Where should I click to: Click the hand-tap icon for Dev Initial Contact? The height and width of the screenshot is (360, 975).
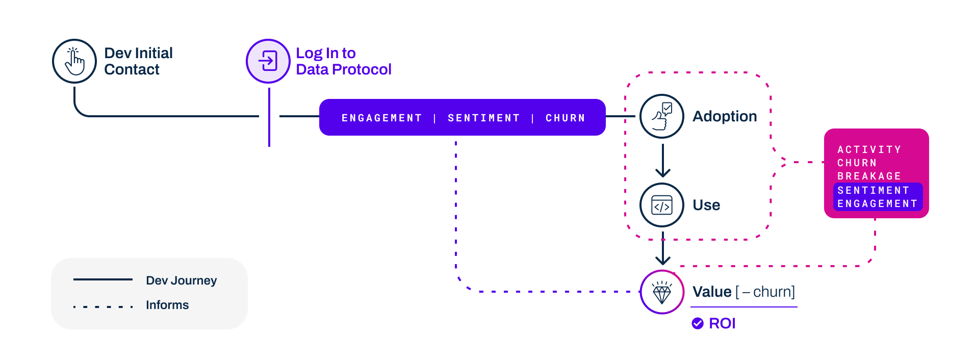point(74,61)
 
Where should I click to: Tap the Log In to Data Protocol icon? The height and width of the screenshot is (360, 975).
point(268,61)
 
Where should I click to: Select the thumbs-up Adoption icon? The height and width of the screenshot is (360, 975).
point(662,116)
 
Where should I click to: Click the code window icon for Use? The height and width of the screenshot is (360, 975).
point(662,205)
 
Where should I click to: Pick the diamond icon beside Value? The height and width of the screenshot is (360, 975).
point(662,292)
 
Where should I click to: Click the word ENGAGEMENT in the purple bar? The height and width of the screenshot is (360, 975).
point(381,118)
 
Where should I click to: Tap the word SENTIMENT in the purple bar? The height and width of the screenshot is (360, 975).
point(483,118)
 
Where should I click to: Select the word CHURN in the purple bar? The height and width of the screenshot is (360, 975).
point(565,118)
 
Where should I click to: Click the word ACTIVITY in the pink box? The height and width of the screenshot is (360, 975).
point(869,149)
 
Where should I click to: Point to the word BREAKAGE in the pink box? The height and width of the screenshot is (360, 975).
point(869,176)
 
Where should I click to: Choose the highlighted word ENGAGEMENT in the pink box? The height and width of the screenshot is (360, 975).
point(877,203)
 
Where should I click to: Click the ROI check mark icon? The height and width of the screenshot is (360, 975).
point(698,323)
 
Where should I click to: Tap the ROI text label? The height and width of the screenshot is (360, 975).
point(722,323)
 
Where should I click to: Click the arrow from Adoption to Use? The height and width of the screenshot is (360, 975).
point(662,161)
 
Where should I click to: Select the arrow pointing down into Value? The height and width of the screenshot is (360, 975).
point(662,250)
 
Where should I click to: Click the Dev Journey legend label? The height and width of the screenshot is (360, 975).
point(181,280)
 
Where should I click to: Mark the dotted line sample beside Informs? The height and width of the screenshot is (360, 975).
point(103,306)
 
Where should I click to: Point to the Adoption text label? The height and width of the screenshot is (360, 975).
point(724,116)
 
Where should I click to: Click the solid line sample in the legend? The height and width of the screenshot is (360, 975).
point(103,279)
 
